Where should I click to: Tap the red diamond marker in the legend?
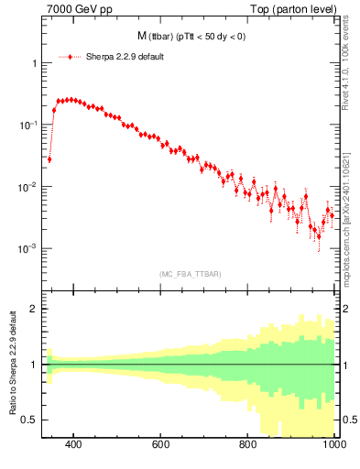70,57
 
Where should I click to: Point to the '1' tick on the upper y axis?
31,63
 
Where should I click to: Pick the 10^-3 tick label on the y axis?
27,248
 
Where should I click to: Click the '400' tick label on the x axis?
74,444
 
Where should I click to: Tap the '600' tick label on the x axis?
161,444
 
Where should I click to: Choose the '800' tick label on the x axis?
248,444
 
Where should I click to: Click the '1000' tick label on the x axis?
333,444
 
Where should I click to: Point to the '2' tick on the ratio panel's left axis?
32,309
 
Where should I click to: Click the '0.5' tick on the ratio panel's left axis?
28,420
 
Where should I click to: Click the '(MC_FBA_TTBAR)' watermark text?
190,274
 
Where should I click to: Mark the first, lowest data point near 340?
49,159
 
